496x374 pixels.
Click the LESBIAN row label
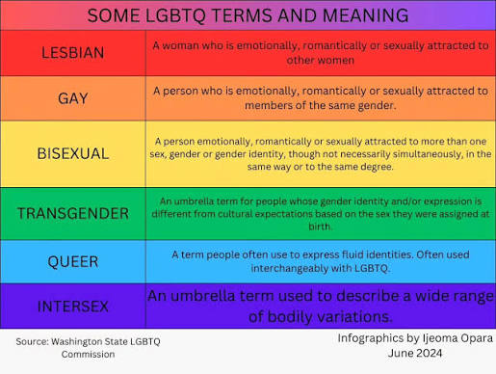click(73, 53)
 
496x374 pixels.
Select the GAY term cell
click(73, 98)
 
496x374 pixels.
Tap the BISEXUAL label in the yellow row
click(73, 153)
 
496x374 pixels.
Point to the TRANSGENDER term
click(73, 214)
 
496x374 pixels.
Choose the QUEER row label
click(73, 262)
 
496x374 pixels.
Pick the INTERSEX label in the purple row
click(73, 307)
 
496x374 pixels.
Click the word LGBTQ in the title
click(175, 15)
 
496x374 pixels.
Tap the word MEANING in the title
click(365, 15)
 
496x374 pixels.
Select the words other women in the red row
click(321, 60)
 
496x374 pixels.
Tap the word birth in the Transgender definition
click(320, 227)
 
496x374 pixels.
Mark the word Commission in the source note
click(88, 355)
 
